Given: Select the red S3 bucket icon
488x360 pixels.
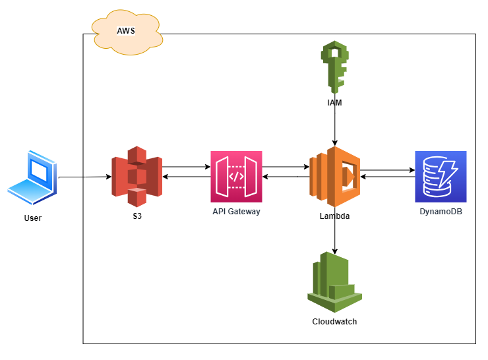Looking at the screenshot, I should (x=137, y=177).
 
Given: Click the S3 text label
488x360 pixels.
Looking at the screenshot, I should (x=137, y=216).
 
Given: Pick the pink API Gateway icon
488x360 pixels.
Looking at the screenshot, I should (x=236, y=176).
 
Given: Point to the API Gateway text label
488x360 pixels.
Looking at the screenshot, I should (x=236, y=212).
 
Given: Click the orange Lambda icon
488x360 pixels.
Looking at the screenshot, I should (x=334, y=177).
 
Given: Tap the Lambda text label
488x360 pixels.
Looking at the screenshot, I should (x=334, y=216).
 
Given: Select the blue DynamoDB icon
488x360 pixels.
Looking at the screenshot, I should (x=441, y=177).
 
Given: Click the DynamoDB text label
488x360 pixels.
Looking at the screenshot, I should (x=441, y=212).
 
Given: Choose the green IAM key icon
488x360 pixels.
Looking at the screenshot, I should (x=334, y=67).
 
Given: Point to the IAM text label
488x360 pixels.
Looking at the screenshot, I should (x=334, y=104).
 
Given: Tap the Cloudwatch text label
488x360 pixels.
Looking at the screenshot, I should (x=334, y=322).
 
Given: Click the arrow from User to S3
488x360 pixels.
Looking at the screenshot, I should (x=84, y=177).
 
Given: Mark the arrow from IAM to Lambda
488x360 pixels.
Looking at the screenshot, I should (x=335, y=125).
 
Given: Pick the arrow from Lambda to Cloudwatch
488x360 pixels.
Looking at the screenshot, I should (x=335, y=234).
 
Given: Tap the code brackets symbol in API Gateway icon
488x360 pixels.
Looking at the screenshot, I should (x=236, y=176).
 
